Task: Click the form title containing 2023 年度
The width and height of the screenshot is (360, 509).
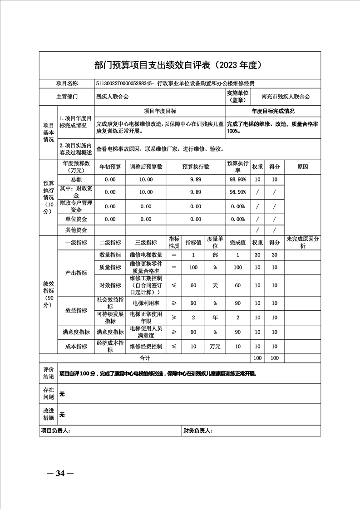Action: tap(179, 65)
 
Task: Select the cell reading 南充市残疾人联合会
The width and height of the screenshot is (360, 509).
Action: tap(286, 97)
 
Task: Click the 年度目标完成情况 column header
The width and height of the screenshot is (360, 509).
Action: tap(273, 111)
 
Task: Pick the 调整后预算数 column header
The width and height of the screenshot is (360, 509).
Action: tap(146, 167)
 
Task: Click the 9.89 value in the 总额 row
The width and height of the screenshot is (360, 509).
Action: tap(196, 180)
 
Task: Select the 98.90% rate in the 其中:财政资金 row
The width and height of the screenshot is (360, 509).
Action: tap(238, 192)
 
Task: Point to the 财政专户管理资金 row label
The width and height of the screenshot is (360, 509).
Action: tap(76, 206)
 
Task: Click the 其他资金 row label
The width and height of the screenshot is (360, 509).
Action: tap(76, 230)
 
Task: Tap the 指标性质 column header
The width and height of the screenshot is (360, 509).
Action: tap(174, 242)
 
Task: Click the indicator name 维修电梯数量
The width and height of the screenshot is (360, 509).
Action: tap(146, 255)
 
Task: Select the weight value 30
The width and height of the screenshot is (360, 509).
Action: tap(257, 255)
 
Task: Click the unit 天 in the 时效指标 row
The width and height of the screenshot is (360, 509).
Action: tap(215, 285)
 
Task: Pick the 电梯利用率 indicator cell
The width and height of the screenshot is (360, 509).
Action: tap(146, 303)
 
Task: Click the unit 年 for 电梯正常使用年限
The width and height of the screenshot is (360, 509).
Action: tap(215, 318)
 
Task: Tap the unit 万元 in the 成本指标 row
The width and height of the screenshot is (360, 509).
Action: tap(215, 347)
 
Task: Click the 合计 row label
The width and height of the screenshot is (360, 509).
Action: tap(145, 358)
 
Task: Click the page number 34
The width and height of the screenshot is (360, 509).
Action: tap(60, 474)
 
